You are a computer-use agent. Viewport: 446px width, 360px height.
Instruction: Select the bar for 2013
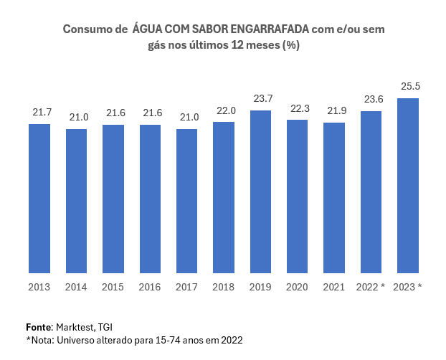(x=39, y=199)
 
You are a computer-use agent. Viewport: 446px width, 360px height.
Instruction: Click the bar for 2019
(x=260, y=192)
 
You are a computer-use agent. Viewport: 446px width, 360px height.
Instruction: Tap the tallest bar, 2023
(x=408, y=186)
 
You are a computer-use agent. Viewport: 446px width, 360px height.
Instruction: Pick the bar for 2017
(x=186, y=202)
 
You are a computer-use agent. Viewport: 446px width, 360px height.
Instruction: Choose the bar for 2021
(x=334, y=198)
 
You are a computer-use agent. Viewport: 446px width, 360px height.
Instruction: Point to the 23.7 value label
(x=260, y=99)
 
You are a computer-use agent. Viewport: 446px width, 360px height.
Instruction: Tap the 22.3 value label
(x=298, y=108)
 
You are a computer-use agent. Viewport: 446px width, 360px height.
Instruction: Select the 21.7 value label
(x=42, y=113)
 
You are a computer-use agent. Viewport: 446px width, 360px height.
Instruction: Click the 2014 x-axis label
(x=76, y=287)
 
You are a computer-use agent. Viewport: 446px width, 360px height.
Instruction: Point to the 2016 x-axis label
(x=150, y=287)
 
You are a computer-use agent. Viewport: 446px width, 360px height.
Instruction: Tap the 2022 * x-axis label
(x=371, y=287)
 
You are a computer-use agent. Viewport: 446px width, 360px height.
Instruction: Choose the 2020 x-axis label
(x=297, y=287)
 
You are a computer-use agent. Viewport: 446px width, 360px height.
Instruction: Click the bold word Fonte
(x=39, y=326)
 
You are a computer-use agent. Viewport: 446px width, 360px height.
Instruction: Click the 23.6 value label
(x=371, y=100)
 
